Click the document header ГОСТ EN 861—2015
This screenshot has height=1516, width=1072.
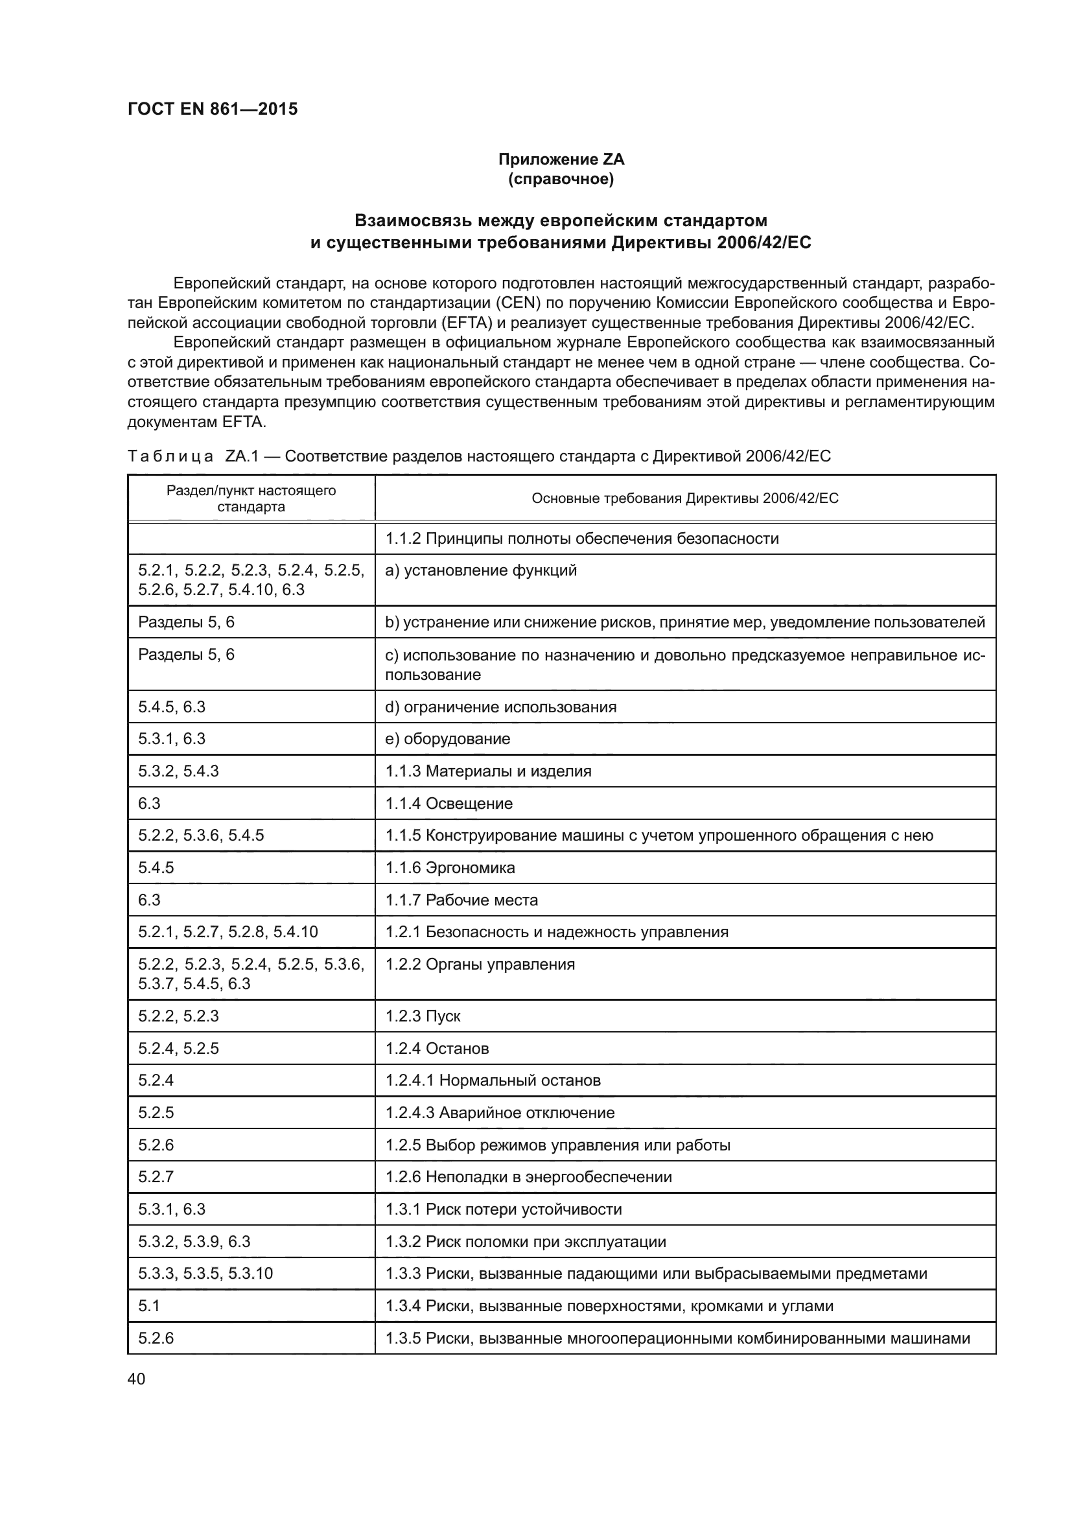213,109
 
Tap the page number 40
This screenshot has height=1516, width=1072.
136,1379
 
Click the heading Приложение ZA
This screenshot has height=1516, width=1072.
561,159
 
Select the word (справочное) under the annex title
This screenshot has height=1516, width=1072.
561,179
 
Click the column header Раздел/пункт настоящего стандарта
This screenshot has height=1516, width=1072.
251,498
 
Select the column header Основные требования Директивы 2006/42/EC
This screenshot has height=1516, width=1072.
684,498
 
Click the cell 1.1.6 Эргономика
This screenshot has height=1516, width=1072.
450,868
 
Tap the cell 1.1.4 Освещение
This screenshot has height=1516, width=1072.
449,804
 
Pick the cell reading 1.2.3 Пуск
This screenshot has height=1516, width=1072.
423,1016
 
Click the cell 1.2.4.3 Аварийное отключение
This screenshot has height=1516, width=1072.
500,1113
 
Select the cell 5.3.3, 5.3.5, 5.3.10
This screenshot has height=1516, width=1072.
205,1274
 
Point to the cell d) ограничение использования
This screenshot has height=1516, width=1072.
500,707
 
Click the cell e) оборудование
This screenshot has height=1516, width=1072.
448,739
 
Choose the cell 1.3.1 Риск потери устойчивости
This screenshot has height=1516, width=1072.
504,1209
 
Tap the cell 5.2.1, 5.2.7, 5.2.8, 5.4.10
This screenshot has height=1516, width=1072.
227,931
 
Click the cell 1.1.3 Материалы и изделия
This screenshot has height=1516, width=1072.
489,771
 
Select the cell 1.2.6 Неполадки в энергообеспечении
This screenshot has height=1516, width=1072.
529,1177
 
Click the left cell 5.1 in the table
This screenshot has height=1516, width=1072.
149,1306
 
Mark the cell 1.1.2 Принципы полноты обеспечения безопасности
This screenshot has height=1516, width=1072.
581,539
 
